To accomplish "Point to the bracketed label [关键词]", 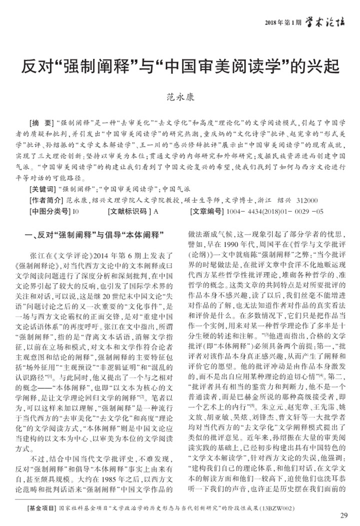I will tap(44, 191).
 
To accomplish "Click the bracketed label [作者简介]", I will tap(47, 201).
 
